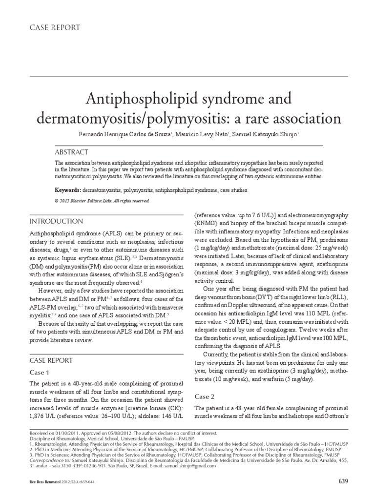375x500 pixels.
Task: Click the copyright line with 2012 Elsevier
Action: click(102, 201)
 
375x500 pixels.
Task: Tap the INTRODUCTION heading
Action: click(57, 221)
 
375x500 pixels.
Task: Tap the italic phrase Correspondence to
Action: click(51, 460)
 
